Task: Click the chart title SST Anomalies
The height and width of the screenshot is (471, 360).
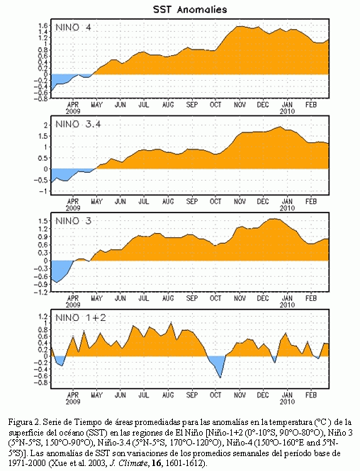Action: pos(190,9)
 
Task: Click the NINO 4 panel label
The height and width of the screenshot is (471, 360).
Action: pos(73,28)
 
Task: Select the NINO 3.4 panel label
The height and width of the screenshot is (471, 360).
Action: pos(78,124)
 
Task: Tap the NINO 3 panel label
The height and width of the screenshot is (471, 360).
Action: pos(73,221)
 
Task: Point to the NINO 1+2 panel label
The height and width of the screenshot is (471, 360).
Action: pos(81,317)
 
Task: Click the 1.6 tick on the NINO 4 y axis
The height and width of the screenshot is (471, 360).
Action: pos(43,25)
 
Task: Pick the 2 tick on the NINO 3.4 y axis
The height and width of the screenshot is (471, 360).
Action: pos(45,125)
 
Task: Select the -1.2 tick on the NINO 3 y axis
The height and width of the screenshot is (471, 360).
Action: pos(41,292)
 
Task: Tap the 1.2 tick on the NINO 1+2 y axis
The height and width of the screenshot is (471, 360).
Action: pos(43,316)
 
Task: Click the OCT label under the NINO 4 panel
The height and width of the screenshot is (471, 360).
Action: pos(215,105)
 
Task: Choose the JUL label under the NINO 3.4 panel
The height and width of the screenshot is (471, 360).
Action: pos(144,201)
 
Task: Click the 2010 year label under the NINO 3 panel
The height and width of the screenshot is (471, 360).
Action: pos(287,305)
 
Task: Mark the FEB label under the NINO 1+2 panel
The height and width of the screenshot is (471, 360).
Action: pos(311,395)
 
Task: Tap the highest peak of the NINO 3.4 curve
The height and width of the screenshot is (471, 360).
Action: pos(280,127)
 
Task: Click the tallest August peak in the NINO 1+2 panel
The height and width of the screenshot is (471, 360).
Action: pos(171,322)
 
